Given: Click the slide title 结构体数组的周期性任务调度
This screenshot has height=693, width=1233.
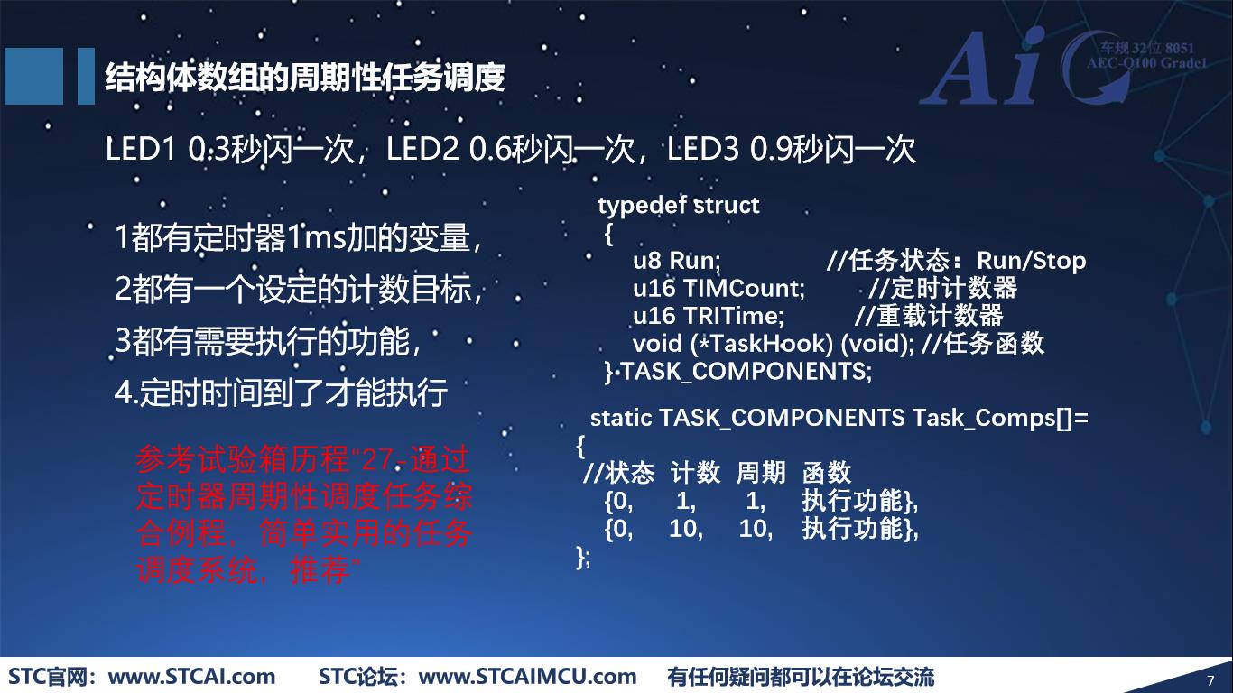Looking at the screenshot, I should tap(304, 79).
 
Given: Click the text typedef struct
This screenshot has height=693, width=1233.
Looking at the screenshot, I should tap(678, 206).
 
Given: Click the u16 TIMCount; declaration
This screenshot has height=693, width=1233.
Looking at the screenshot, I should tap(718, 289).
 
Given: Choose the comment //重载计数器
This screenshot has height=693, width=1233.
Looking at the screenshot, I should tap(929, 316).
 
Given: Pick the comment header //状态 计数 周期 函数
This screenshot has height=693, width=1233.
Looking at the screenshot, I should tap(717, 473).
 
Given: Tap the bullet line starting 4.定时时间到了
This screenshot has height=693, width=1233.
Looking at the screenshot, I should tap(281, 393).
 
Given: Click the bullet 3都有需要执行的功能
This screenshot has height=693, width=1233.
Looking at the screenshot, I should tap(268, 341).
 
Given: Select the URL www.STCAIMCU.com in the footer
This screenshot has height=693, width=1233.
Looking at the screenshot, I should tap(529, 677).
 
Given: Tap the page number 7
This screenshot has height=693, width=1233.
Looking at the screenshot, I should tap(1210, 679).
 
